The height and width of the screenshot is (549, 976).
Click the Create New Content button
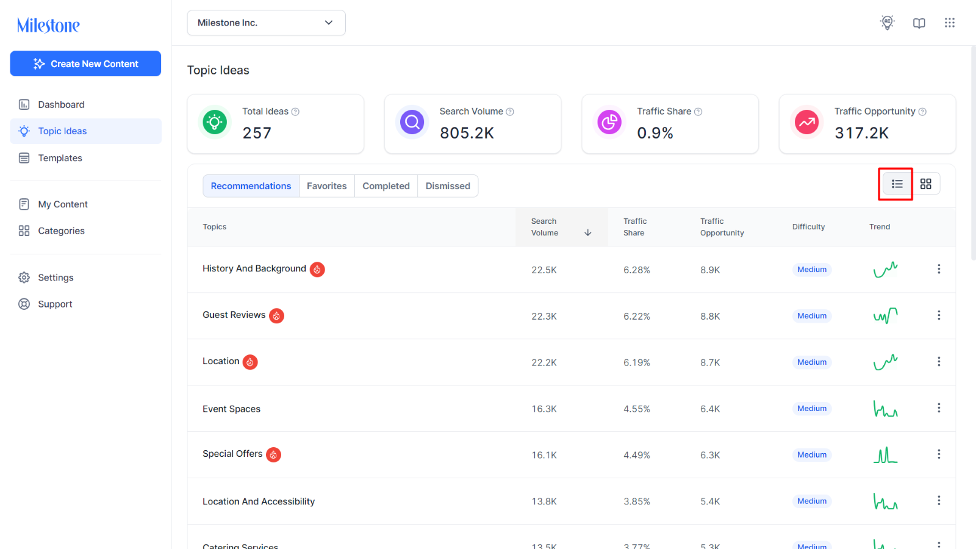point(85,63)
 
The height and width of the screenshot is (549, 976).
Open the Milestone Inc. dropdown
point(266,23)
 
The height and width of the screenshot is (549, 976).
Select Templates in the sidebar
point(60,158)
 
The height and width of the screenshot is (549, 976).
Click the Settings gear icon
point(24,278)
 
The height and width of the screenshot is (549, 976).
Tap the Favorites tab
point(327,186)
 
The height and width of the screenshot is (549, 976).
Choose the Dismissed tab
point(448,186)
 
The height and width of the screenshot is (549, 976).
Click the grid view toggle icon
point(926,184)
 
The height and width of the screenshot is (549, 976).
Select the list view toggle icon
point(897,184)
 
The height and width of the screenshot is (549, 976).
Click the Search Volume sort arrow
point(588,232)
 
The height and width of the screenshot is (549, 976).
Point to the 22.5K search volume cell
point(544,270)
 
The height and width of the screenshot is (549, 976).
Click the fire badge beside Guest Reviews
point(276,315)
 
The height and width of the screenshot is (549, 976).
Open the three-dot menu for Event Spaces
point(939,408)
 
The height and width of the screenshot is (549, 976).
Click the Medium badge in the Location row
point(812,362)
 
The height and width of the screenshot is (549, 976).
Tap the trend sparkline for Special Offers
point(885,455)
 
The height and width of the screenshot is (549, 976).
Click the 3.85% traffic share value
point(637,501)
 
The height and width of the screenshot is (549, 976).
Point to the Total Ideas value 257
point(257,133)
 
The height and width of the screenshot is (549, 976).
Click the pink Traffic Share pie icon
point(609,122)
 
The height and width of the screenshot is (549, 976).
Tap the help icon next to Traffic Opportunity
point(922,112)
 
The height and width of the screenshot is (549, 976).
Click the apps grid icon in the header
point(950,23)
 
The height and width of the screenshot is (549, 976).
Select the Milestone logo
point(48,25)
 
